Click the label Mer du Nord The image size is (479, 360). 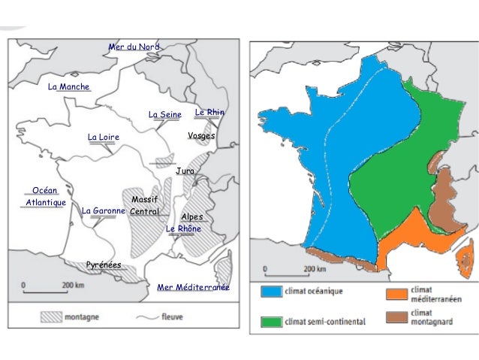[x=134, y=47]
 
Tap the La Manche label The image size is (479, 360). [x=68, y=87]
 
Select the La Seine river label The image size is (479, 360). [x=165, y=115]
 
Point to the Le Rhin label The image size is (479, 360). [x=209, y=112]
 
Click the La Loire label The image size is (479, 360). [x=104, y=137]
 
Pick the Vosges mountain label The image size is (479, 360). [x=201, y=136]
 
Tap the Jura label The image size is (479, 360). [x=185, y=171]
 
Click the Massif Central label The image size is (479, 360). [x=143, y=205]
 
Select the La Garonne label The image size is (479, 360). [x=103, y=211]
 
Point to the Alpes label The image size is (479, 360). [x=192, y=216]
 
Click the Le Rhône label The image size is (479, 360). [x=183, y=228]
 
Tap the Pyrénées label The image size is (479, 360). [x=104, y=265]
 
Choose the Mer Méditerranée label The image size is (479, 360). [x=193, y=288]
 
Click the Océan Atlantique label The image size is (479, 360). [x=45, y=197]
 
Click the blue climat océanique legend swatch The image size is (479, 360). [x=270, y=292]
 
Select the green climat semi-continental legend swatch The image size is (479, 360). [x=270, y=321]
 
